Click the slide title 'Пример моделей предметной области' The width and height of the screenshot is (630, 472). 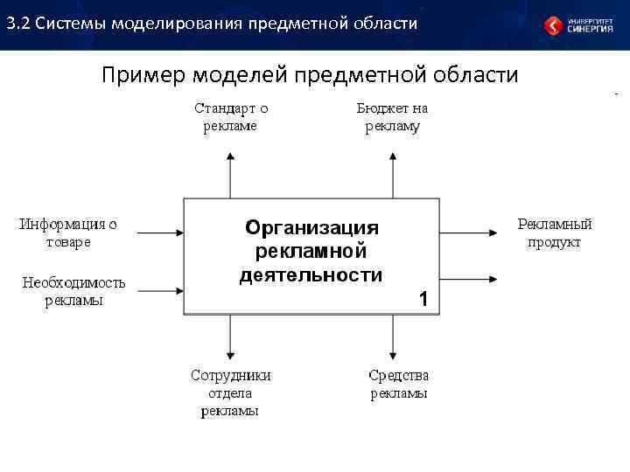(x=310, y=75)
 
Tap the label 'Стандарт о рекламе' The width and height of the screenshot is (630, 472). (x=230, y=117)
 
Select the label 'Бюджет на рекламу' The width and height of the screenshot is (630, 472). (x=392, y=117)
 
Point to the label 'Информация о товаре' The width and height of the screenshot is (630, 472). (x=68, y=233)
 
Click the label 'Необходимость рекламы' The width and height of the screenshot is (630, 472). (x=73, y=291)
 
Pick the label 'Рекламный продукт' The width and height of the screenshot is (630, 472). (x=554, y=233)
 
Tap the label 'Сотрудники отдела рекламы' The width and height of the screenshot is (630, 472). (x=230, y=392)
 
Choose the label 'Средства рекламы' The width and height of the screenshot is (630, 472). (x=398, y=384)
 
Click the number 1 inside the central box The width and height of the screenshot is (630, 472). (x=423, y=300)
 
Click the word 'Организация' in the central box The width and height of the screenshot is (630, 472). (x=311, y=228)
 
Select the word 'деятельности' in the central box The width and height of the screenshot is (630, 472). (x=311, y=275)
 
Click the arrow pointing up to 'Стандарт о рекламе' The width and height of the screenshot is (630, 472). (x=230, y=174)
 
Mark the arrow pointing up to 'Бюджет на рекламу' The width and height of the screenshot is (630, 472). (x=393, y=174)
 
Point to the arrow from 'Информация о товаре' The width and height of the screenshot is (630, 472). (x=159, y=233)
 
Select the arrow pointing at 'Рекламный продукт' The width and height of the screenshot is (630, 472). (x=469, y=233)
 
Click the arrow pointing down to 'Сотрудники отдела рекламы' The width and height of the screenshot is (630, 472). (x=230, y=337)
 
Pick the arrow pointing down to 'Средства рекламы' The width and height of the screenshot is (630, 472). (x=393, y=337)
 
